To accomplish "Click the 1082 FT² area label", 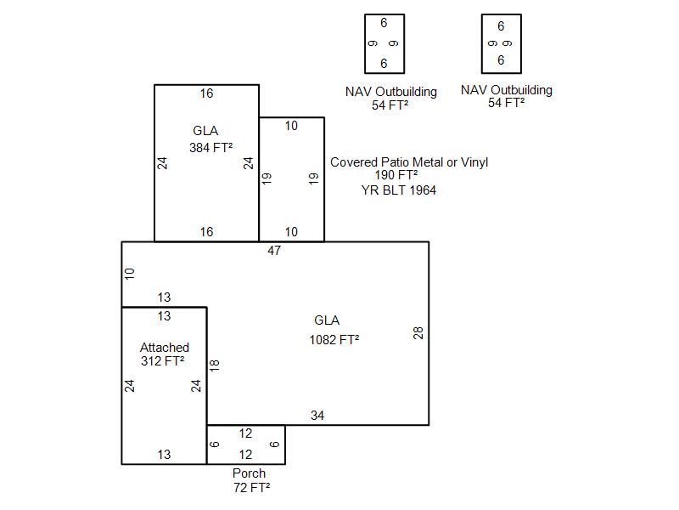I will click(334, 340).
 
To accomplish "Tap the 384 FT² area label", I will click(210, 147).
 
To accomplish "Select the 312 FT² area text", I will click(164, 360).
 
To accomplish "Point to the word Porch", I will click(249, 473).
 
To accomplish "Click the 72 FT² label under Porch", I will click(251, 487).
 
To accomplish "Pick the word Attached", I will click(164, 347).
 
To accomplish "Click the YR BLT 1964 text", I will click(399, 190).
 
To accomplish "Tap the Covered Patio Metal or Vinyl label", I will click(409, 161).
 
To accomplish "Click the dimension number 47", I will click(273, 251).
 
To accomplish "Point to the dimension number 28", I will click(418, 332).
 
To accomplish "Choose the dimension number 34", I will click(317, 416).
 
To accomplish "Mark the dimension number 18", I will click(215, 365).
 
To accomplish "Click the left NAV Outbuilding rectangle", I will click(384, 43).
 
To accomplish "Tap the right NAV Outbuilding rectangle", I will click(501, 43).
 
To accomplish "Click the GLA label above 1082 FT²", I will click(327, 320).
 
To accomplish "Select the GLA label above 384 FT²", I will click(205, 131).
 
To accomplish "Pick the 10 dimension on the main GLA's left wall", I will click(130, 274).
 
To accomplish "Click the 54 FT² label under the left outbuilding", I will click(390, 105).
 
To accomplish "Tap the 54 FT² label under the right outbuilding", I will click(506, 103).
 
